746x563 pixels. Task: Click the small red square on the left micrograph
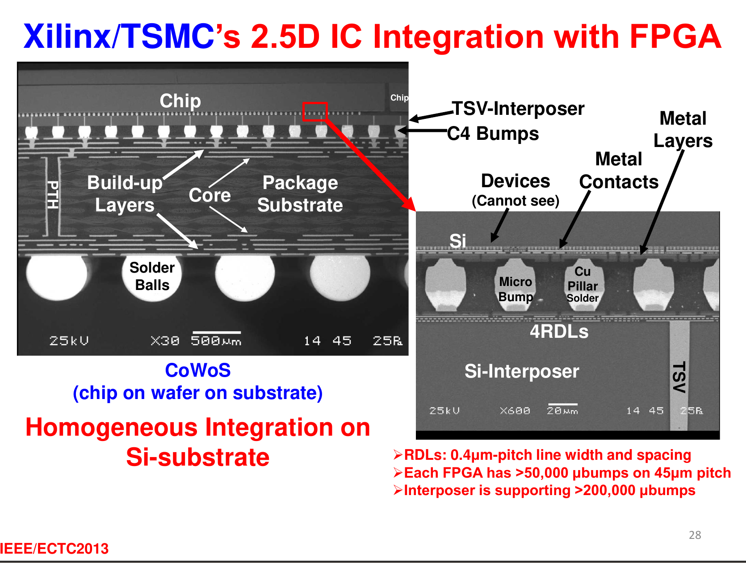tap(315, 112)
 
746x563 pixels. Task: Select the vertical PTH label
tap(53, 195)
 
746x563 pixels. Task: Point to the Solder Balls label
tap(152, 277)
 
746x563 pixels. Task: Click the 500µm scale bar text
tap(216, 340)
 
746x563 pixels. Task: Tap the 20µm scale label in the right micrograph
tap(562, 411)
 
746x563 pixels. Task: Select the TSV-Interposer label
tap(518, 109)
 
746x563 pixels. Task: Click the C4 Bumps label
tap(493, 134)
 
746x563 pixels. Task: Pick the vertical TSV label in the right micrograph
tap(679, 377)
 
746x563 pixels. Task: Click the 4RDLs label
tap(559, 332)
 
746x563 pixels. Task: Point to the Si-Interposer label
tap(522, 371)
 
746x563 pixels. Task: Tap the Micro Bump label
tap(515, 290)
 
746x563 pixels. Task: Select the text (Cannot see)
tap(515, 201)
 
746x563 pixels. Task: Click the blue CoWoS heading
tap(198, 370)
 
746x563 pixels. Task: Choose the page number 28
tap(695, 535)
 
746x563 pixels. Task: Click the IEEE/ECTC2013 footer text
tap(54, 549)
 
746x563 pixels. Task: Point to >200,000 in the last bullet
tap(605, 491)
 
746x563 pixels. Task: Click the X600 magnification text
tap(515, 411)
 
